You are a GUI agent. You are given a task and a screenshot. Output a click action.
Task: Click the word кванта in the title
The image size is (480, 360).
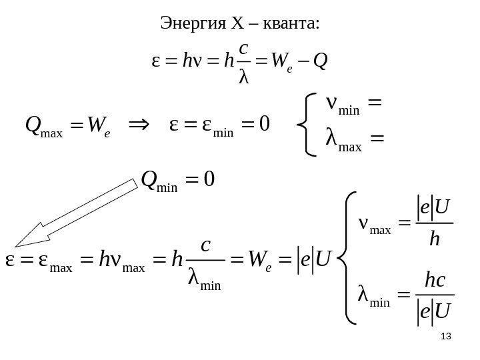click(292, 25)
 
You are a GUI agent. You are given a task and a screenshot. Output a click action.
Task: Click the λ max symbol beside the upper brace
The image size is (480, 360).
click(341, 142)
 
